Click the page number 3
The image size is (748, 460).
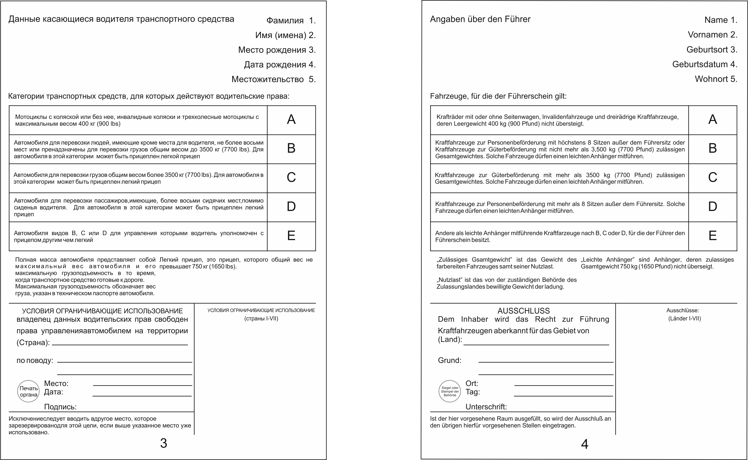163,443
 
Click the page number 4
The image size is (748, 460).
585,444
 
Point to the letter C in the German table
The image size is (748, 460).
712,177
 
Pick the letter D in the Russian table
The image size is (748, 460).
291,207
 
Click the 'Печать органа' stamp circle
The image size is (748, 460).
28,391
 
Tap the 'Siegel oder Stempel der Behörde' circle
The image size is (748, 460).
450,391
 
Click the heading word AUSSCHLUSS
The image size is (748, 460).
524,311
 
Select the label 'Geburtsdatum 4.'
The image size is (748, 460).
705,65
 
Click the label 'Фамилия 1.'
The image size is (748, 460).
291,20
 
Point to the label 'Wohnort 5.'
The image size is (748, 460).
716,79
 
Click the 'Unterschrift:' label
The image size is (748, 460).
486,407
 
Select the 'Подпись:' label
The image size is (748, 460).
60,407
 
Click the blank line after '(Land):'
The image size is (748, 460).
536,344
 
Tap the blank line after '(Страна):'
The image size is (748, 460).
120,344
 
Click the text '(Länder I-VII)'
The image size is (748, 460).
684,319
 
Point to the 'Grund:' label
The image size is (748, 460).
450,361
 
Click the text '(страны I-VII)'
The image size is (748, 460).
261,319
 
